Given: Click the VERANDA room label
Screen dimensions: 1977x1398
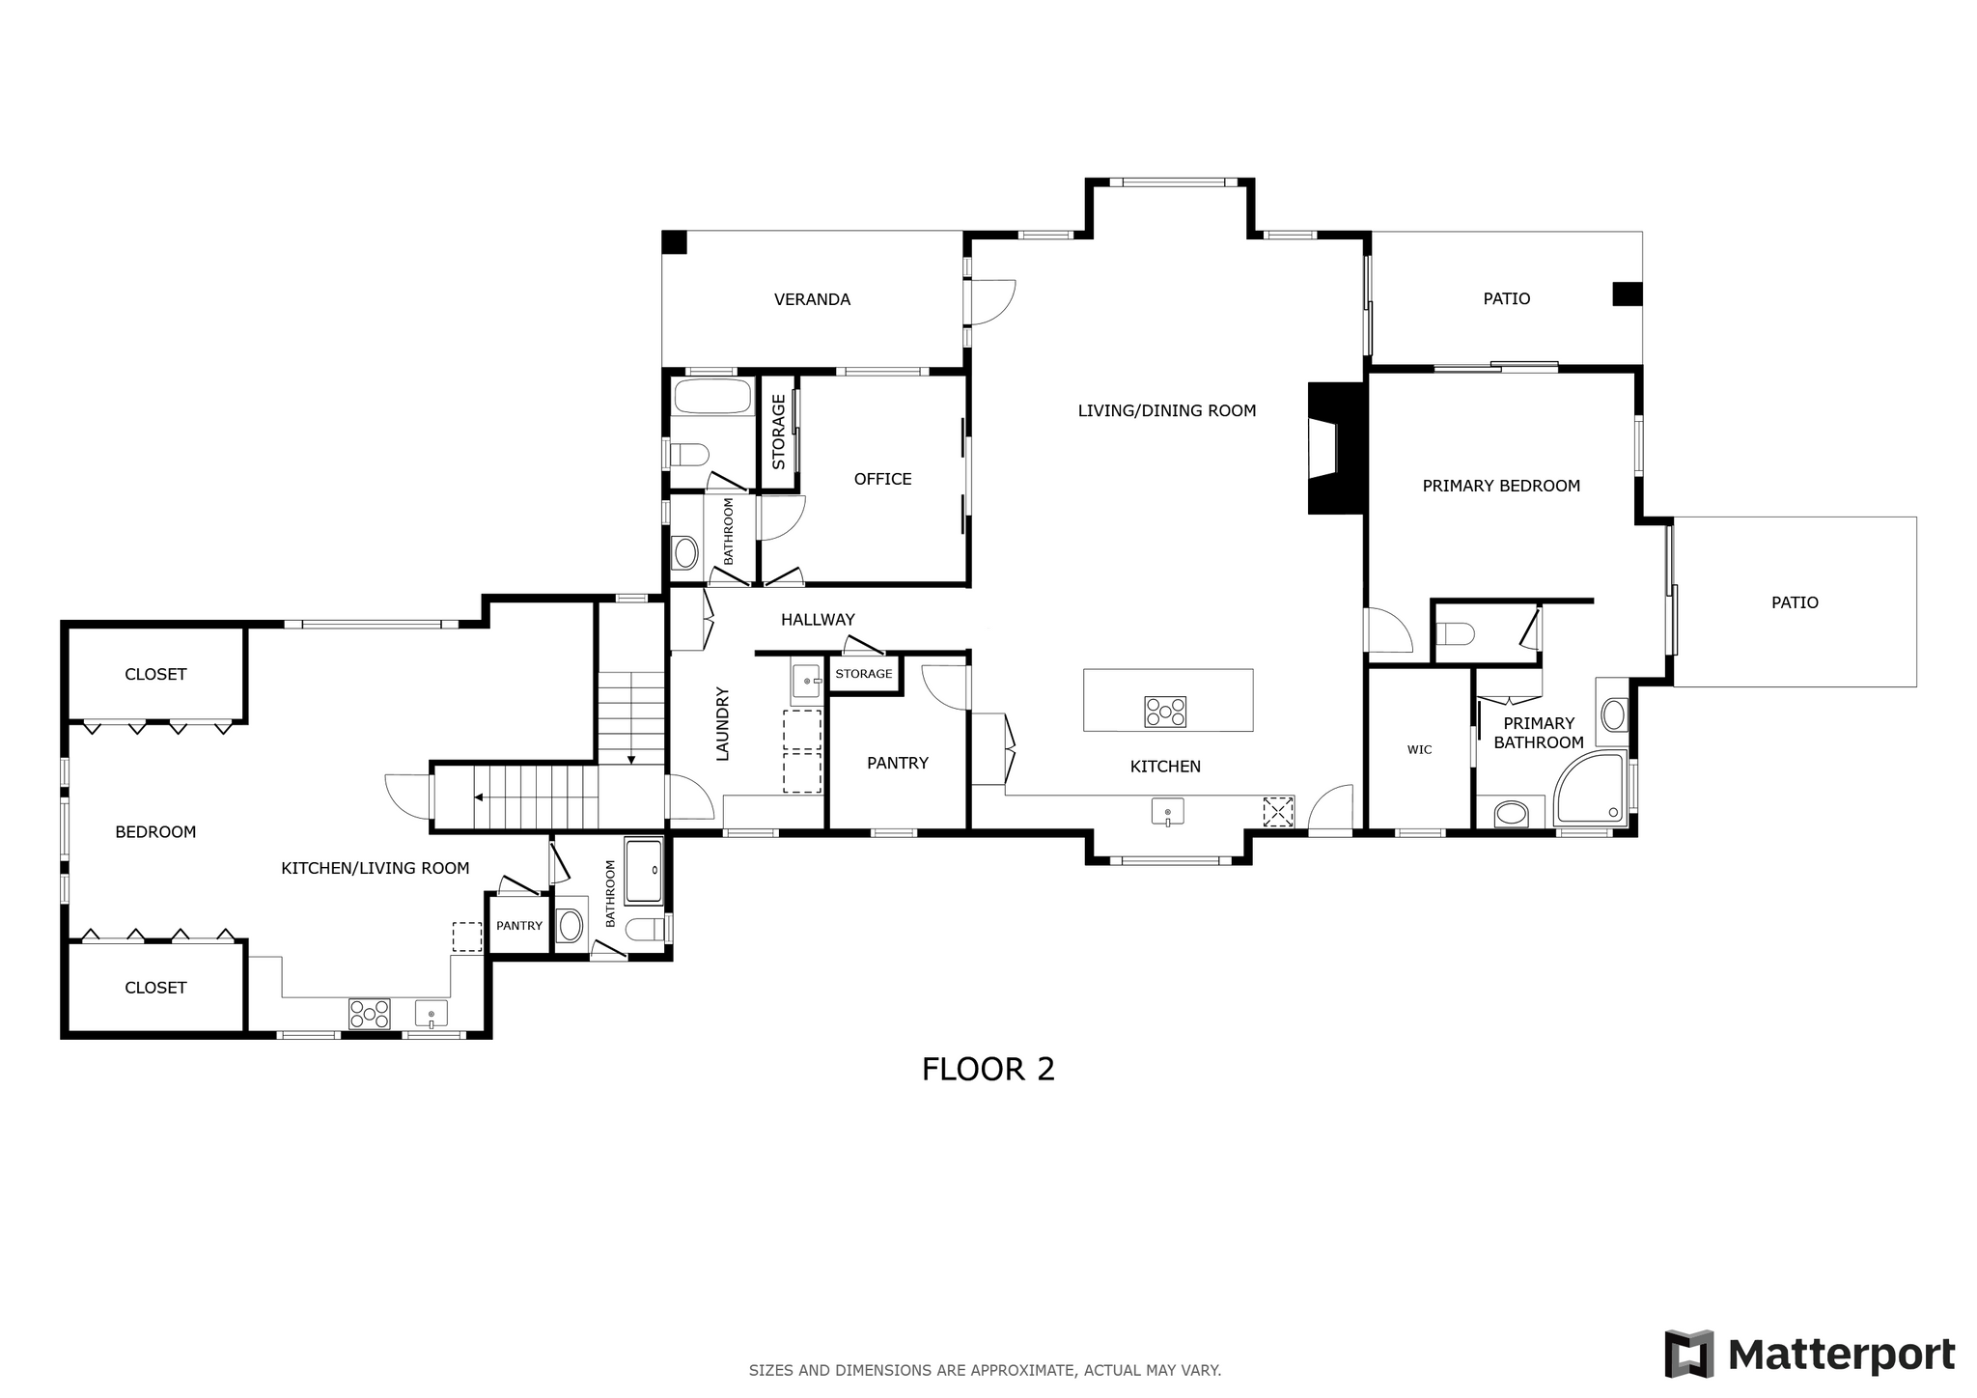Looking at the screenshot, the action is tap(812, 299).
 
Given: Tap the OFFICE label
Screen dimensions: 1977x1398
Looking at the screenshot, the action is tap(882, 479).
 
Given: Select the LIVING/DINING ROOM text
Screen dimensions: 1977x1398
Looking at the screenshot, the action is tap(1167, 410).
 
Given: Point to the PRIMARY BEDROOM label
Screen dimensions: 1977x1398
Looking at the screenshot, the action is tap(1501, 486).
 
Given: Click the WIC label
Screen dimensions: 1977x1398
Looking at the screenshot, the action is tap(1419, 749).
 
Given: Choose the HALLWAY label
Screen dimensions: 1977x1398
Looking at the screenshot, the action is tap(818, 620).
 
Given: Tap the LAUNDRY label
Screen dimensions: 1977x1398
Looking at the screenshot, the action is tap(722, 723).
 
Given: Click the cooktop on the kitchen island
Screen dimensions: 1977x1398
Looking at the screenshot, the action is tap(1165, 712).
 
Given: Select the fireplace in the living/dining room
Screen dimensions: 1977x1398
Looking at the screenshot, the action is tap(1335, 448).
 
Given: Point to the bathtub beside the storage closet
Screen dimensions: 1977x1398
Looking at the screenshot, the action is tap(712, 397).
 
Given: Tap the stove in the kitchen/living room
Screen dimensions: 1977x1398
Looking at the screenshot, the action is tap(370, 1014).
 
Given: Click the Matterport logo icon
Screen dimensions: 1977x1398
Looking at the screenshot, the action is tap(1689, 1354).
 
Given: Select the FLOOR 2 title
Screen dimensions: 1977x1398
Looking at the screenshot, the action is tap(988, 1069).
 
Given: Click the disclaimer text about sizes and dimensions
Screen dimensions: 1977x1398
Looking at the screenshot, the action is tap(985, 1370).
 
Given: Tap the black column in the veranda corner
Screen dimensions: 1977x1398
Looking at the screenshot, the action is tap(675, 242).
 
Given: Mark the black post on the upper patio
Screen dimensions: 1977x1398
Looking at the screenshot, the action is tap(1627, 294).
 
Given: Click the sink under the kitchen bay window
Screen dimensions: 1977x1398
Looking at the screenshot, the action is tap(1167, 811).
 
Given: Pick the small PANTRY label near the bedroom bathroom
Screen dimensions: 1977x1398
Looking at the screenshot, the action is tap(519, 926).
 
